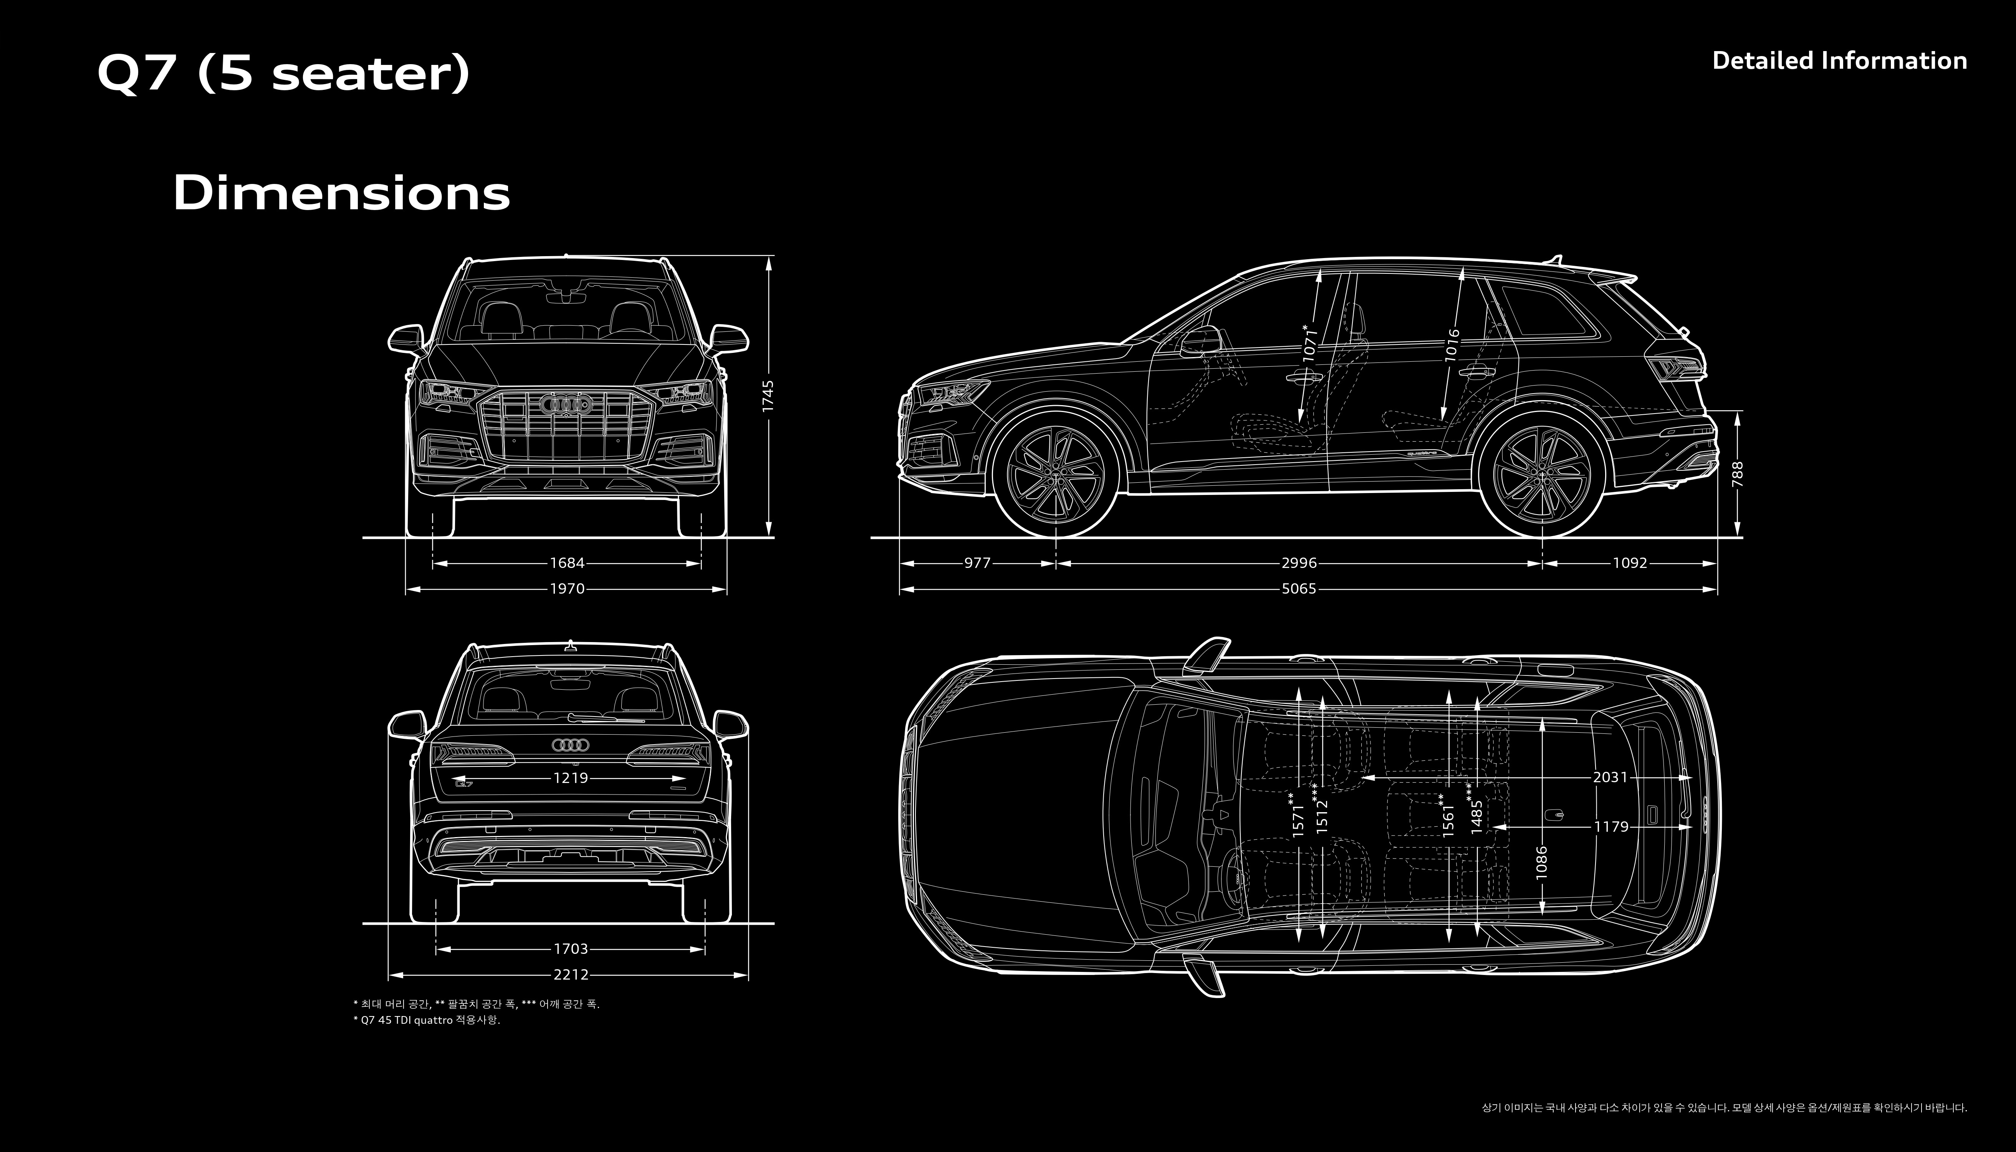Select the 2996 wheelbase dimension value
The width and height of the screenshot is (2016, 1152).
pyautogui.click(x=1299, y=563)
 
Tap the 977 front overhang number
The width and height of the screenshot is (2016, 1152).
pyautogui.click(x=977, y=563)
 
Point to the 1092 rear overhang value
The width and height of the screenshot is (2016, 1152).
pyautogui.click(x=1630, y=563)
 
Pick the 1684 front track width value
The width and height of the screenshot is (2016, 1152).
pyautogui.click(x=567, y=563)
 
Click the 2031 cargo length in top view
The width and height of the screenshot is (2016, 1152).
pyautogui.click(x=1610, y=778)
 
